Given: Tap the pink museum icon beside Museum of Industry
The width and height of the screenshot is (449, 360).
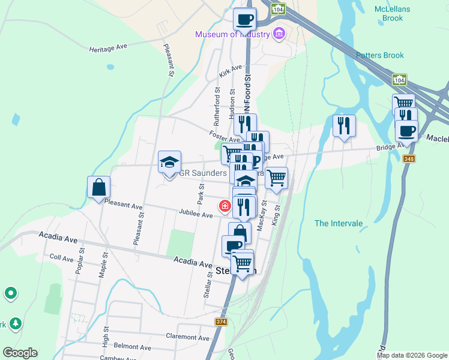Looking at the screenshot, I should click(279, 34).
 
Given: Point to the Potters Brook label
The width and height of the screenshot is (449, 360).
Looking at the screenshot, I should click(380, 55).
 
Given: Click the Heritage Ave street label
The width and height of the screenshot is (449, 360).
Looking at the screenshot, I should click(109, 47).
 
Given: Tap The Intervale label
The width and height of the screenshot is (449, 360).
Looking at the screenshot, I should click(339, 223).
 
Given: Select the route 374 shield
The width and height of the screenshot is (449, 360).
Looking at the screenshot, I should click(221, 322).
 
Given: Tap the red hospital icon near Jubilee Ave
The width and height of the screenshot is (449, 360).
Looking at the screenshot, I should click(225, 206).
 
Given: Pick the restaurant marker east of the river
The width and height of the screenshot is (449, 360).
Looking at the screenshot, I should click(344, 126).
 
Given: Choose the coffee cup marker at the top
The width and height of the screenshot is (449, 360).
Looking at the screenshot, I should click(244, 19).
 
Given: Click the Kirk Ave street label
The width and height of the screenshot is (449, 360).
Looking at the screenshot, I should click(231, 71).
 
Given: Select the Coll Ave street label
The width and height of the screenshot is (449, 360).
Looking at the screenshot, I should click(61, 257).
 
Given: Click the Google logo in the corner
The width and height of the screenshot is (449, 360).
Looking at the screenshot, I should click(20, 352).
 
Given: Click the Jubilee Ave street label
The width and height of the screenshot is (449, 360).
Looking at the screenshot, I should click(195, 214).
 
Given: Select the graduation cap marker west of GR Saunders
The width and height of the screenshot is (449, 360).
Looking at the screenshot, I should click(170, 162).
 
